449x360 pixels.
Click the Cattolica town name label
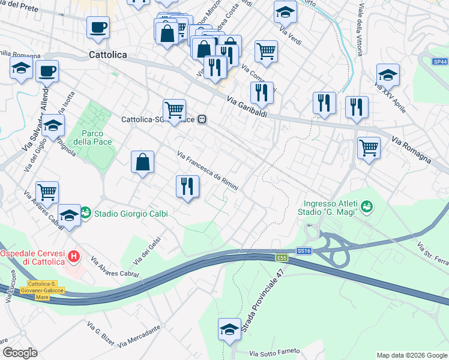point(107,55)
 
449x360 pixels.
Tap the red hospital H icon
point(74,257)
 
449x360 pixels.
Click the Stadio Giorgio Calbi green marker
point(86,213)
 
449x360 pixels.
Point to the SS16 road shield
point(304,250)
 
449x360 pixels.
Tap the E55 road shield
point(282,258)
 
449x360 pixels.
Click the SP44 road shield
point(440,62)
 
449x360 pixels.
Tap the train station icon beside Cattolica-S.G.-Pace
point(203,119)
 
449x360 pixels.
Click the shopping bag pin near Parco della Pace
point(142,161)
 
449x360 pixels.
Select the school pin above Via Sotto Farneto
point(229,329)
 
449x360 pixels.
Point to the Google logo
point(20,353)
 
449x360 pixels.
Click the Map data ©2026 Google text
point(411,355)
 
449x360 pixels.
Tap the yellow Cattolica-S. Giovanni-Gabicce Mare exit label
point(46,290)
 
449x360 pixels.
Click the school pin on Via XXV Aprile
point(388,75)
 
